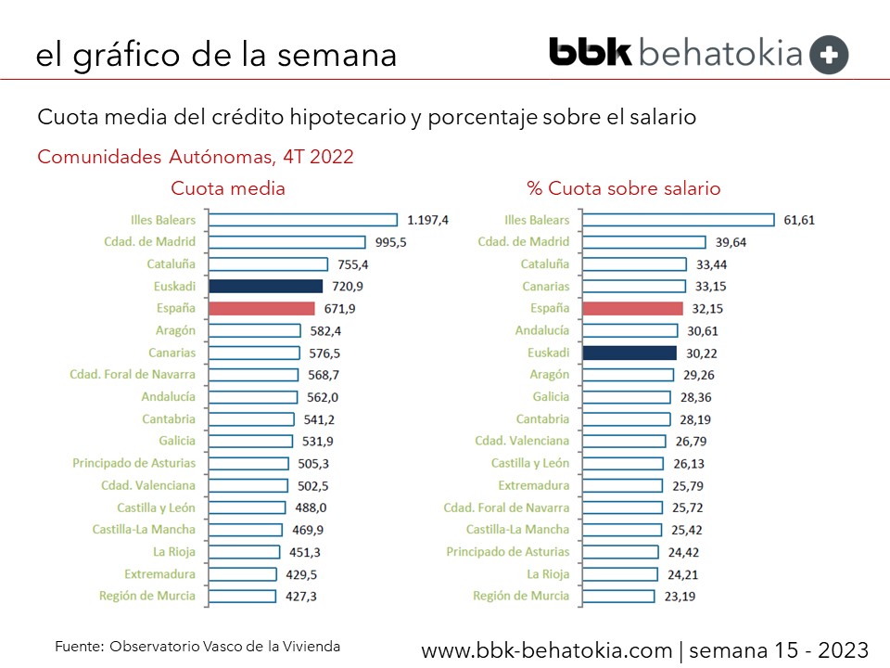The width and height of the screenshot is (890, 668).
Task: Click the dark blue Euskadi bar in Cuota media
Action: coord(265,287)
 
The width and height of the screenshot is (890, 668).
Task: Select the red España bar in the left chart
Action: coord(261,309)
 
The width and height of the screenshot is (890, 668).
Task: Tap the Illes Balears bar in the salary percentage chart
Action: coord(678,220)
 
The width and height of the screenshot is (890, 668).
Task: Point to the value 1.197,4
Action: coord(427,220)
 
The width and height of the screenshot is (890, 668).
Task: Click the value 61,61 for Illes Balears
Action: coord(800,220)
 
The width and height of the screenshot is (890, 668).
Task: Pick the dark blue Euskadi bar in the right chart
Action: coord(629,353)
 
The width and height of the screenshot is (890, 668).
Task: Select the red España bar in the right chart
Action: coord(632,309)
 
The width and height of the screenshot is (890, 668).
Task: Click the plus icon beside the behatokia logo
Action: coord(829,55)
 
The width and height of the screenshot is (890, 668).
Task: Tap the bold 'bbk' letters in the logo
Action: coord(590,52)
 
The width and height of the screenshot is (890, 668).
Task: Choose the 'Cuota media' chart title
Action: coord(228,188)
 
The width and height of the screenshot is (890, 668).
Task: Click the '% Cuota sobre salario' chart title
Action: coord(623,188)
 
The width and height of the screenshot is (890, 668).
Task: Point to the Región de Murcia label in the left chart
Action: coord(147,596)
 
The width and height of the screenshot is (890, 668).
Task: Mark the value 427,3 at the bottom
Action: coord(300,597)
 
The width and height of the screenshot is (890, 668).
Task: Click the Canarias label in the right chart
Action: coord(546,287)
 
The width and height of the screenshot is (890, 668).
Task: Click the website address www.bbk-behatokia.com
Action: coord(546,650)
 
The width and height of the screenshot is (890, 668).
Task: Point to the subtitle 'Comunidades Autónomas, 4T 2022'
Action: coord(195,157)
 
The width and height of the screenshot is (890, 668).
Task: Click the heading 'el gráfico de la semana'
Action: coord(216,55)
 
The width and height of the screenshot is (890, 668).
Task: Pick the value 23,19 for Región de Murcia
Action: coord(681,597)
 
